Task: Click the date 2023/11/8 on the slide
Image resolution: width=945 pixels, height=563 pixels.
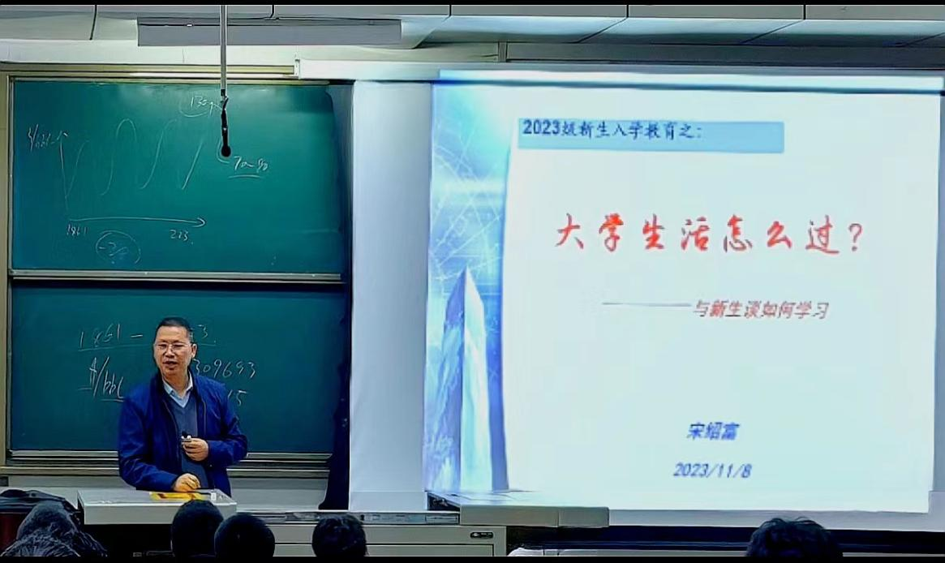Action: pyautogui.click(x=711, y=470)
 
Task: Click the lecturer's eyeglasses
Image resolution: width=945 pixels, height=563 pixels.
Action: pyautogui.click(x=174, y=346)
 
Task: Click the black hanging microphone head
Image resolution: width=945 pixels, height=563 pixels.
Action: pyautogui.click(x=225, y=150)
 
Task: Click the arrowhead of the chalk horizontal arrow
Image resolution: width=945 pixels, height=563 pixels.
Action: pyautogui.click(x=200, y=221)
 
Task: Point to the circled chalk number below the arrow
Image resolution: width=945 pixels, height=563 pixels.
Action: pyautogui.click(x=118, y=247)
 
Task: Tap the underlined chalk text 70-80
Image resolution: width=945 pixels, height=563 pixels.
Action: pyautogui.click(x=251, y=166)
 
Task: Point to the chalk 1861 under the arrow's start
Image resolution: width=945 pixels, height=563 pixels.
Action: pyautogui.click(x=76, y=231)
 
